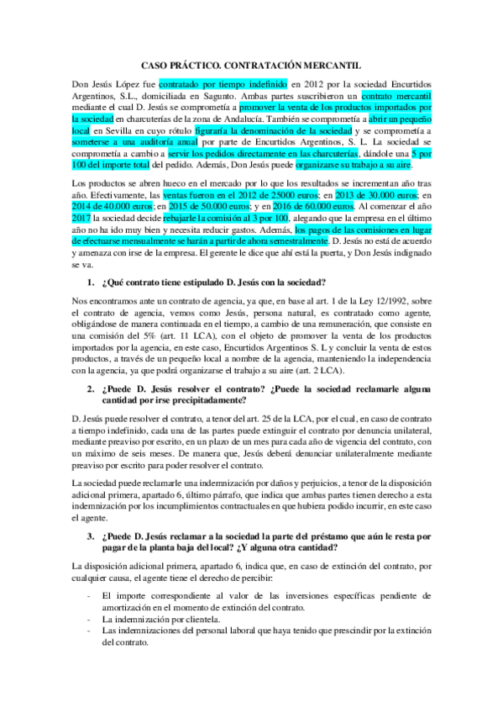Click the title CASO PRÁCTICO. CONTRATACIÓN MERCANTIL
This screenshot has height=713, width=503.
251,64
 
